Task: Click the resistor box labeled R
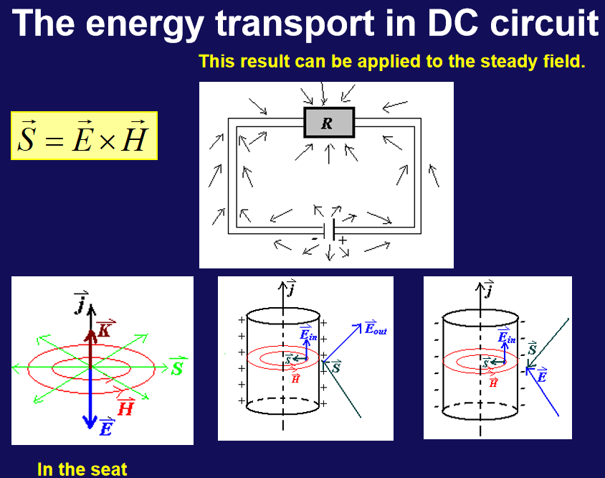pyautogui.click(x=329, y=123)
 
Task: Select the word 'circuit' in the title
pyautogui.click(x=544, y=23)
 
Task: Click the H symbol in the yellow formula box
pyautogui.click(x=135, y=136)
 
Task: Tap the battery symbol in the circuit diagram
pyautogui.click(x=329, y=230)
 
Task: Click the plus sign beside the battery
pyautogui.click(x=343, y=240)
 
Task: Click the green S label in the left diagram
pyautogui.click(x=177, y=366)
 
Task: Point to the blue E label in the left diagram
pyautogui.click(x=107, y=427)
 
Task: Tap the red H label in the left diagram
pyautogui.click(x=125, y=407)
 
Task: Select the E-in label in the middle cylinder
pyautogui.click(x=308, y=333)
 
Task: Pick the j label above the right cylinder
pyautogui.click(x=489, y=289)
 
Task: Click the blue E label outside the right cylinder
pyautogui.click(x=542, y=375)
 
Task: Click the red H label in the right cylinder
pyautogui.click(x=493, y=382)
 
